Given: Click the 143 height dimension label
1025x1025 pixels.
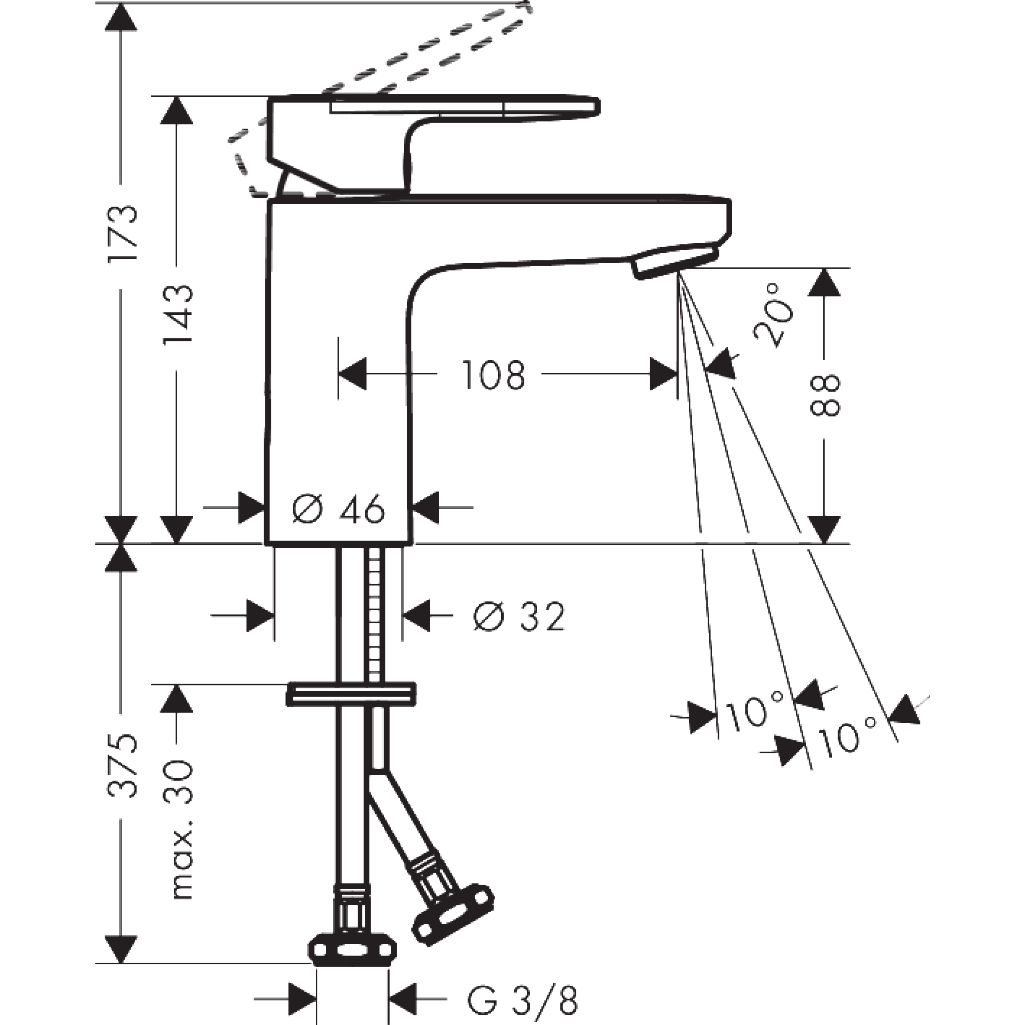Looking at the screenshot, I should coord(178,314).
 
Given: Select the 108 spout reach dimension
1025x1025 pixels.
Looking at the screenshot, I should coord(493,375).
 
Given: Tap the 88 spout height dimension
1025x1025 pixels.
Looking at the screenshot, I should coord(825,395).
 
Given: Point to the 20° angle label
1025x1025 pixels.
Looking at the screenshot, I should coord(774,316).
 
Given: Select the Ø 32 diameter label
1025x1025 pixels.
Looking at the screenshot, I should coord(519,617).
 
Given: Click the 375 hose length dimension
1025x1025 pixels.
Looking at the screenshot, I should coord(123,767).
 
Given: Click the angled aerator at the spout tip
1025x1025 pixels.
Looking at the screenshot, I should coord(674,261).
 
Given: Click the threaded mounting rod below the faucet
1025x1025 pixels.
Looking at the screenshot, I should coord(375,615).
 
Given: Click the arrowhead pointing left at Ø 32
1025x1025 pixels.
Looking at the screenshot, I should coord(416,616).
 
